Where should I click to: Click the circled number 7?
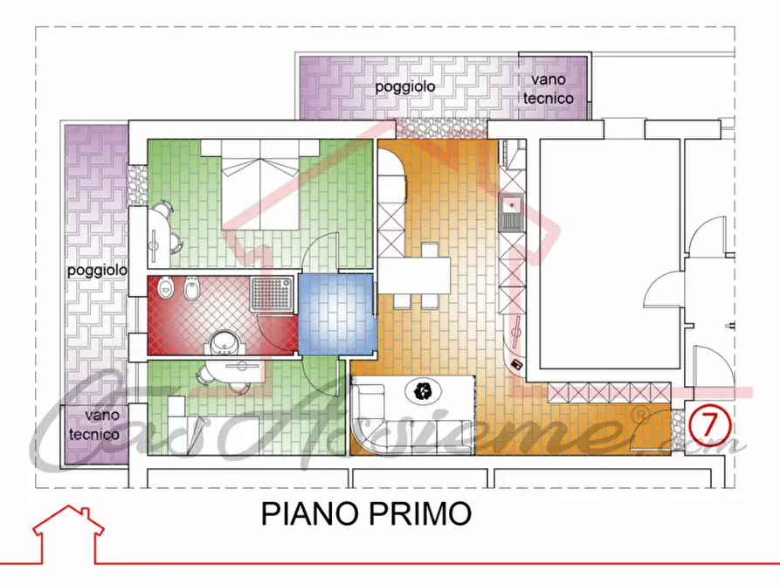(709, 423)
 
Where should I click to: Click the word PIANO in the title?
(307, 513)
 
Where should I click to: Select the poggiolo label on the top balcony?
(405, 86)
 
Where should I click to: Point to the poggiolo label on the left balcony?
(97, 271)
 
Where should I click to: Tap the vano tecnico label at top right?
(549, 89)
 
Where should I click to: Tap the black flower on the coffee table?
(425, 390)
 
